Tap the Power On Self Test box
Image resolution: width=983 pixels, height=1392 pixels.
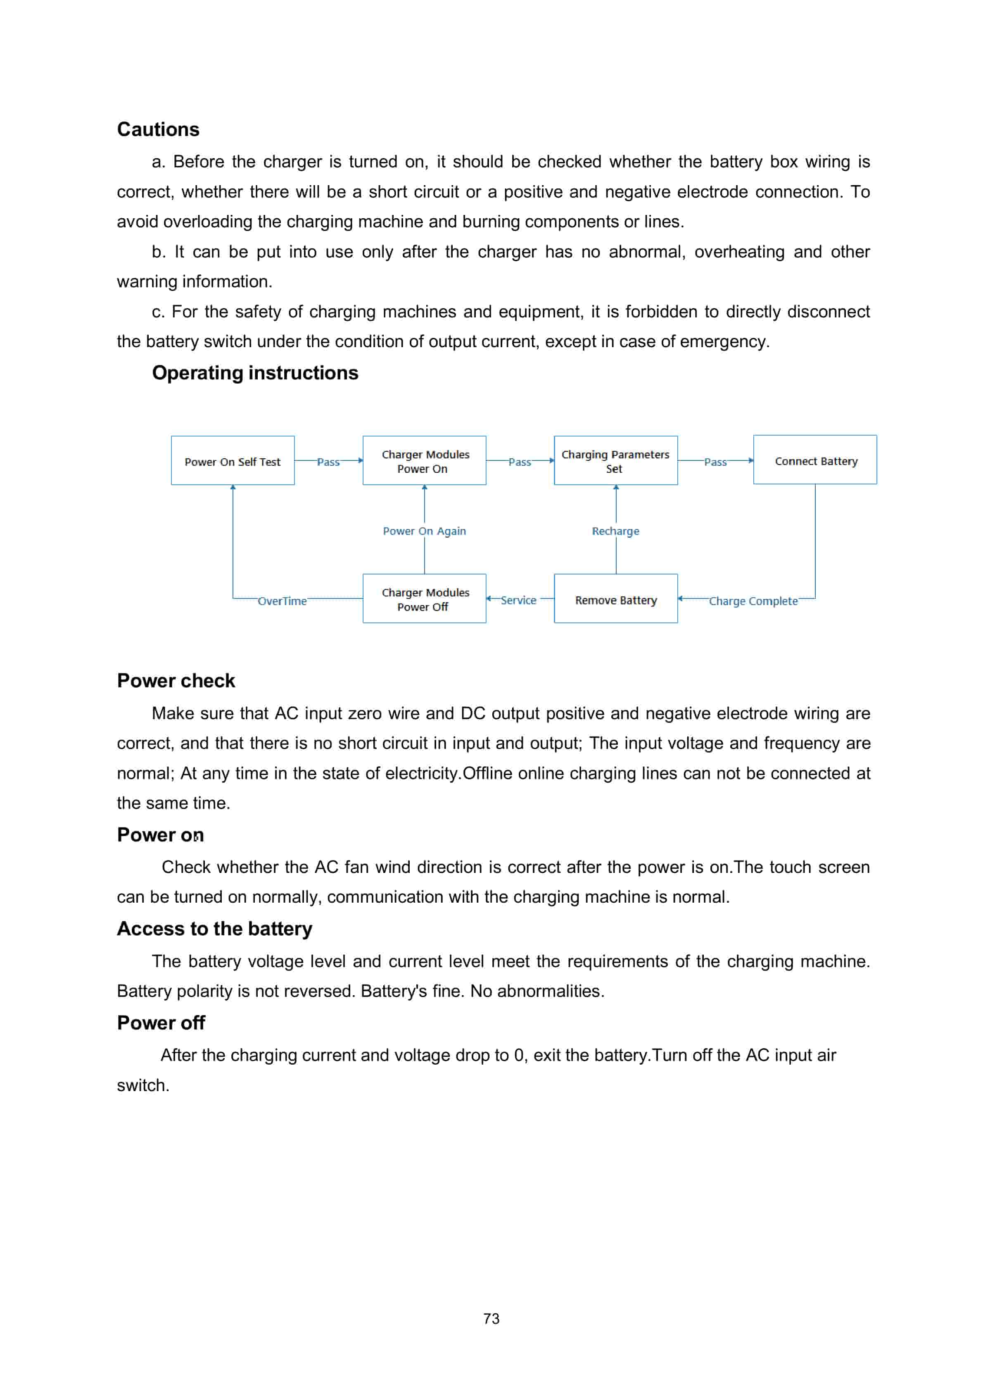pyautogui.click(x=232, y=461)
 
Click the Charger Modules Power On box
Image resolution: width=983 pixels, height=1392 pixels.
pyautogui.click(x=424, y=461)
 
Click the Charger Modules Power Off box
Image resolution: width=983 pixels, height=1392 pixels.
pyautogui.click(x=424, y=598)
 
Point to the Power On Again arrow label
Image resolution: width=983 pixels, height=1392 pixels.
pyautogui.click(x=424, y=531)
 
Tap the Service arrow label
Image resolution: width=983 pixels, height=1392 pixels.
pyautogui.click(x=518, y=600)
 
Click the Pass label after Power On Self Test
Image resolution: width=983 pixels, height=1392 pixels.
pyautogui.click(x=328, y=462)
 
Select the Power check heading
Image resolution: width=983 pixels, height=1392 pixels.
pyautogui.click(x=176, y=680)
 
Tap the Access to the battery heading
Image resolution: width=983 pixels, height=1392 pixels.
pyautogui.click(x=214, y=928)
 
